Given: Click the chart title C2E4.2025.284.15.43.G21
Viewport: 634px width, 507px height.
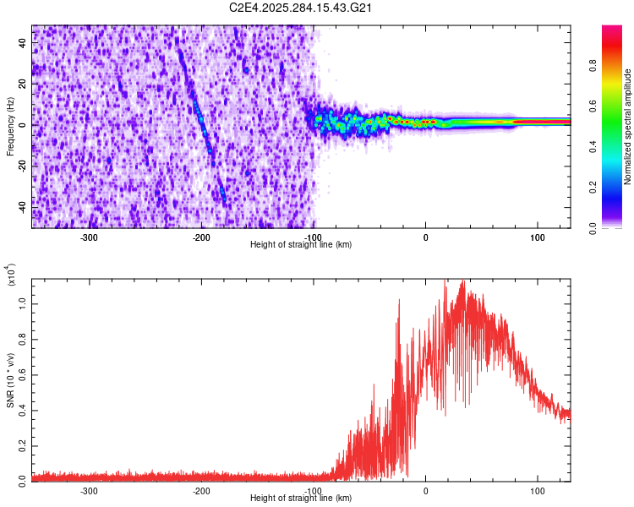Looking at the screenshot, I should pyautogui.click(x=302, y=8).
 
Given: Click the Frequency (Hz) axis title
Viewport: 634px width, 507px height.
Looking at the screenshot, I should pyautogui.click(x=10, y=127).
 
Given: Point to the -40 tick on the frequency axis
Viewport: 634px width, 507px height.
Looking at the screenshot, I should pyautogui.click(x=21, y=206).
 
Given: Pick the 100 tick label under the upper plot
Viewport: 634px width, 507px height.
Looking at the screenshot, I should pyautogui.click(x=537, y=237).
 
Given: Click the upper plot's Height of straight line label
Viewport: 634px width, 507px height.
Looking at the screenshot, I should pyautogui.click(x=301, y=245).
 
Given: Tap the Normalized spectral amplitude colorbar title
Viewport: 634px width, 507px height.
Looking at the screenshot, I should pyautogui.click(x=627, y=127).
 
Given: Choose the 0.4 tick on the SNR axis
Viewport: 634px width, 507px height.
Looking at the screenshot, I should pyautogui.click(x=23, y=409).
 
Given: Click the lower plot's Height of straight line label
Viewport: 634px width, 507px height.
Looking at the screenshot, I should pyautogui.click(x=301, y=499).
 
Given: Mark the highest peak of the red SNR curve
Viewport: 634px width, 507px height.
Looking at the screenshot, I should pyautogui.click(x=462, y=281).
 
